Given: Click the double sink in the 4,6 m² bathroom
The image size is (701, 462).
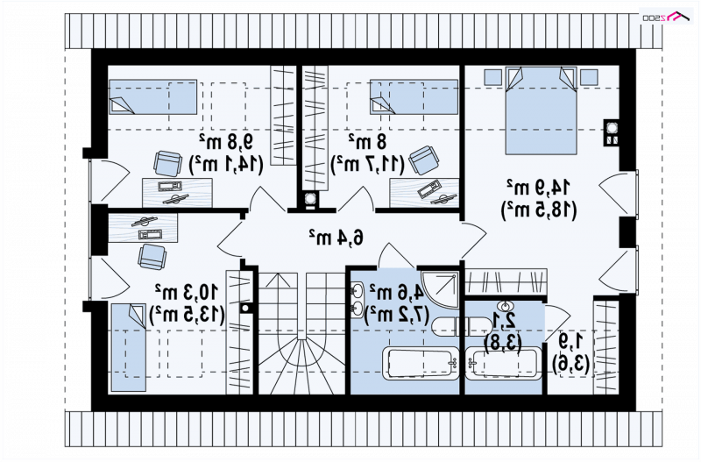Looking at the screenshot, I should pyautogui.click(x=358, y=298).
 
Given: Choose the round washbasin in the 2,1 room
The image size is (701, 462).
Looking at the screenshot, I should pyautogui.click(x=503, y=306).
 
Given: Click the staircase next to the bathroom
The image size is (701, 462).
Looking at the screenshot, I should pyautogui.click(x=300, y=333).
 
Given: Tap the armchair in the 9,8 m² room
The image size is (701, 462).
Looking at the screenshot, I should pyautogui.click(x=167, y=161).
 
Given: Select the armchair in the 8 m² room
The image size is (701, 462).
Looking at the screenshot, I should pyautogui.click(x=424, y=159).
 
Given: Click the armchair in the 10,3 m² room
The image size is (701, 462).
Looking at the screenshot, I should pyautogui.click(x=152, y=255).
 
